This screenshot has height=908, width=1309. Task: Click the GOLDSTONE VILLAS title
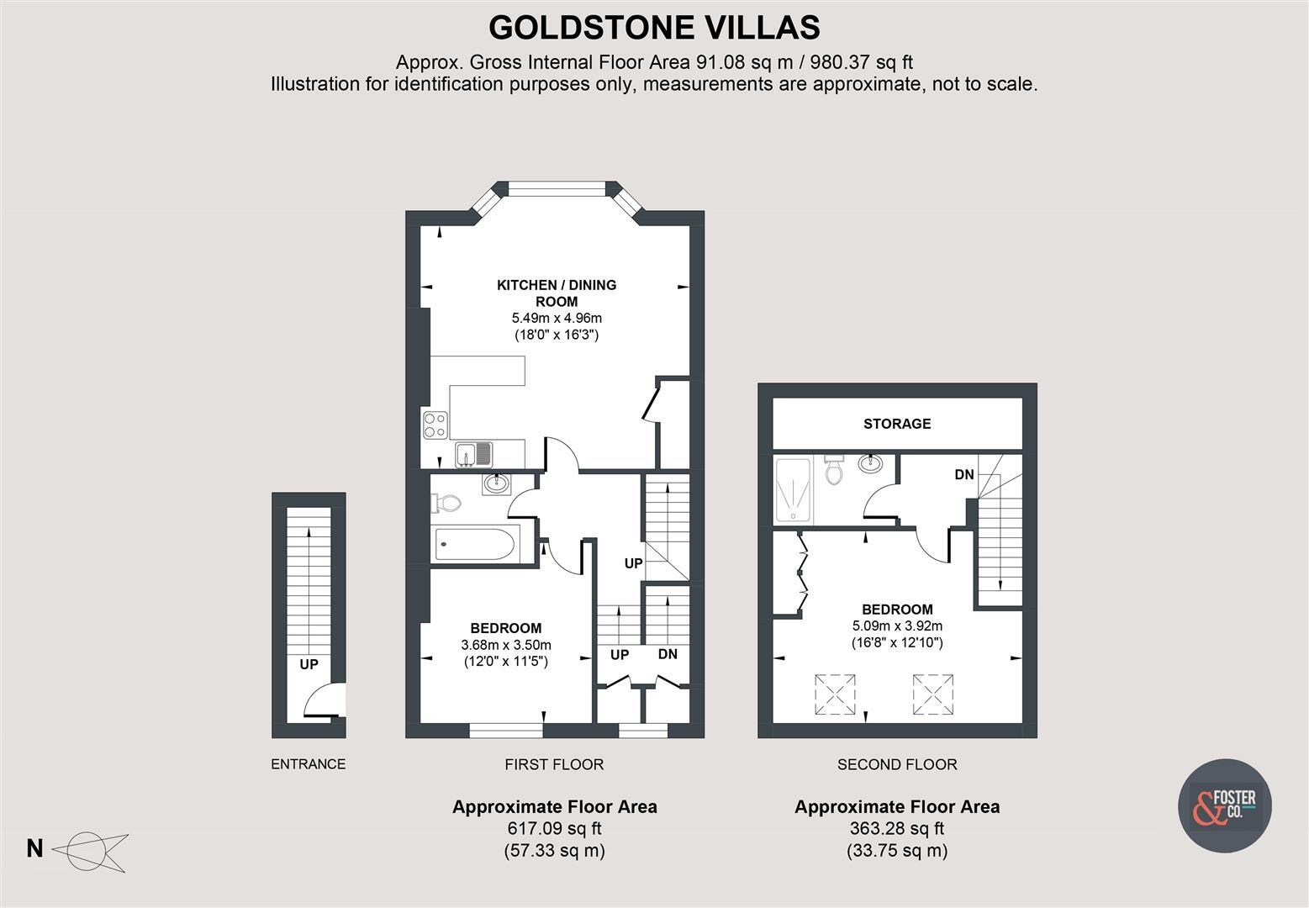[654, 28]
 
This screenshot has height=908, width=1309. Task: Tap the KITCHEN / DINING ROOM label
[557, 293]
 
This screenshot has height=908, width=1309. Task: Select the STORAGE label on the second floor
[897, 424]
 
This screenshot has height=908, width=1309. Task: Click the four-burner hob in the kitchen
[435, 425]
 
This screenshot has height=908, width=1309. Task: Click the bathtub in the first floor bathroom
[474, 544]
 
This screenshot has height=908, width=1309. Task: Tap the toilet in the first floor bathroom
[446, 504]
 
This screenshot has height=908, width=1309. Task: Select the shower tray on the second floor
[793, 490]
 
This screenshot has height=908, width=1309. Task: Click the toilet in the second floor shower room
[834, 472]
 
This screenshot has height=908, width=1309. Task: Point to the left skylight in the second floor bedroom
[835, 694]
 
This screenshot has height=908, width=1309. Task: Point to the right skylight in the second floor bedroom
[932, 694]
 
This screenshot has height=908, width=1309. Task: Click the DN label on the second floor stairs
[964, 475]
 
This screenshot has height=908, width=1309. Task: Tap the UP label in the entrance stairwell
[309, 664]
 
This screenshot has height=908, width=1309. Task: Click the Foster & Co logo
[1224, 805]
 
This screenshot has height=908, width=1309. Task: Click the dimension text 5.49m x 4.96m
[557, 319]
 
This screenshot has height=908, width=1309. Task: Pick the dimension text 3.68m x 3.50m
[506, 645]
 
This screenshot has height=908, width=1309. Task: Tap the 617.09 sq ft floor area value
[554, 828]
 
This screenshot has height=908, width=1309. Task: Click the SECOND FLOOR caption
[897, 764]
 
